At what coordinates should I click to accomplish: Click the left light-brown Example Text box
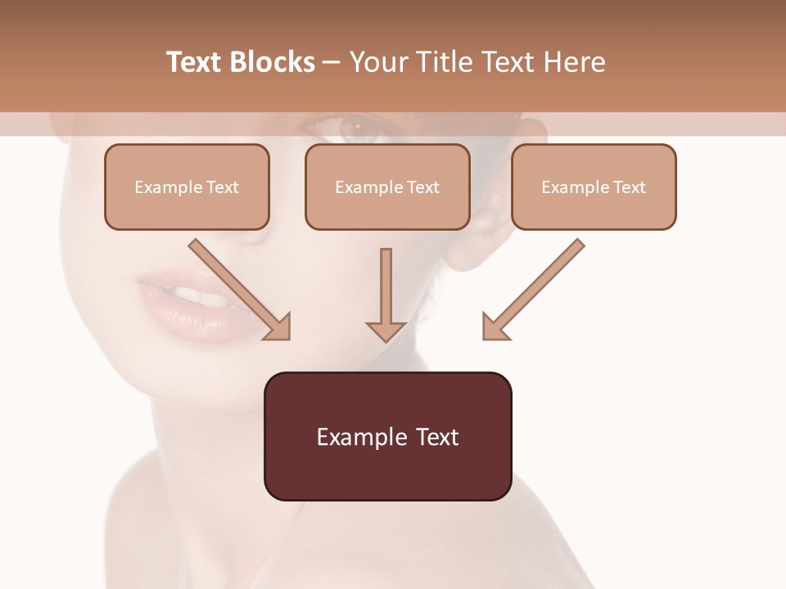187,187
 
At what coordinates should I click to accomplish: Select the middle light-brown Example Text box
387,187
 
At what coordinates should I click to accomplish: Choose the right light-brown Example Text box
594,187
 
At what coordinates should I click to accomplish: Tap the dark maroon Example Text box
387,436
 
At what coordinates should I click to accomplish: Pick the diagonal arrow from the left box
237,288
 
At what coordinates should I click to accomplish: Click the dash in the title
332,62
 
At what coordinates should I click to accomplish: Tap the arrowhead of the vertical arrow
386,330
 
